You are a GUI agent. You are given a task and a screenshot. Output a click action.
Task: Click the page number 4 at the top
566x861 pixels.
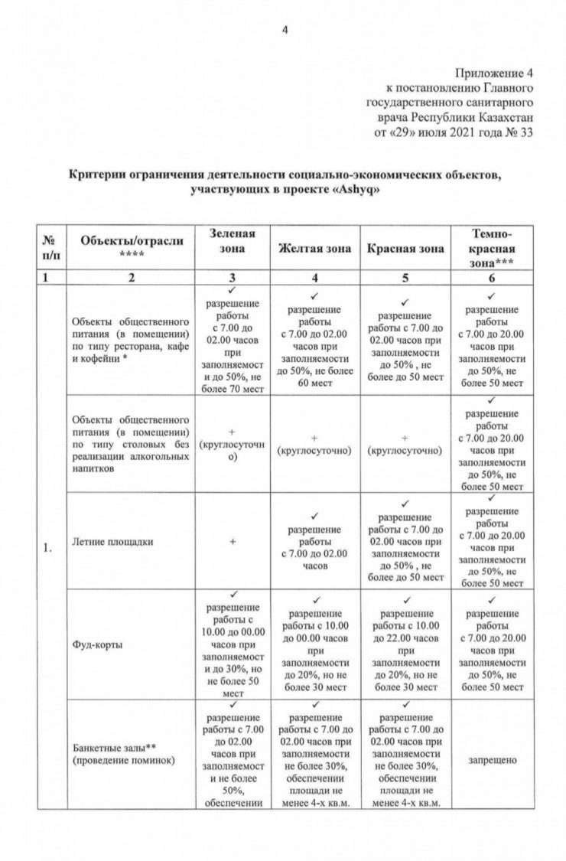285,30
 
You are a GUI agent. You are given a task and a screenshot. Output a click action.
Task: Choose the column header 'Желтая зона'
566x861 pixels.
314,249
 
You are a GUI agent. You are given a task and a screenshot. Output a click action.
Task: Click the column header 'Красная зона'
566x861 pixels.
404,249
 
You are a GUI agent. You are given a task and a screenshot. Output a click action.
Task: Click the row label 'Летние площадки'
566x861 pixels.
112,542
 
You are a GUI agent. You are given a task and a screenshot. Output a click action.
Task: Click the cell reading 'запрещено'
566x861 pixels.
493,760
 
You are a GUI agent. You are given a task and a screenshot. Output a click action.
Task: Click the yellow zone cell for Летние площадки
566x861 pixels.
314,542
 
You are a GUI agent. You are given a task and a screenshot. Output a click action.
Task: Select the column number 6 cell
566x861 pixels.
493,277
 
